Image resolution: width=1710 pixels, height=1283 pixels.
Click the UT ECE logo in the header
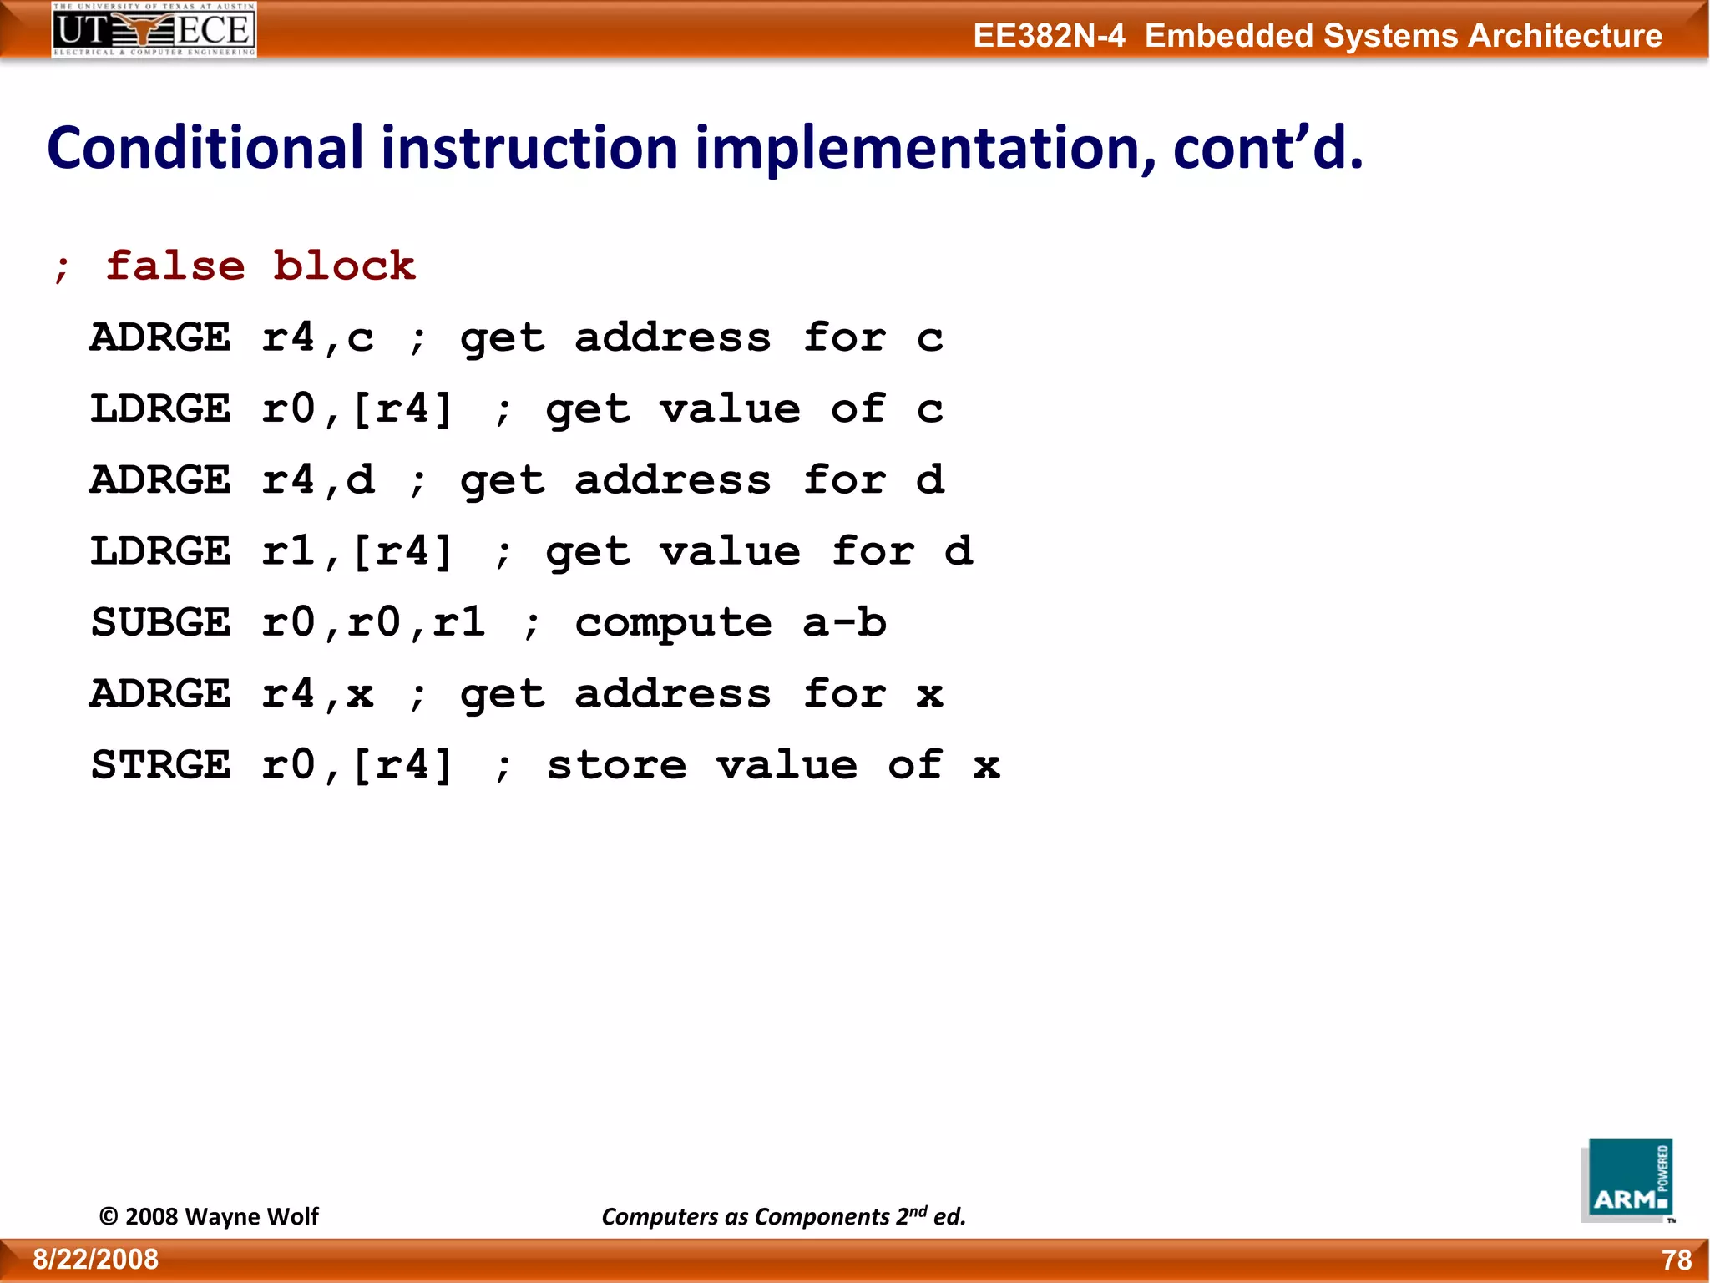point(154,29)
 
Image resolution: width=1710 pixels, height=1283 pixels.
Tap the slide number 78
point(1676,1260)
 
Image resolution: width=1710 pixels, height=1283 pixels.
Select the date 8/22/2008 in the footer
point(96,1259)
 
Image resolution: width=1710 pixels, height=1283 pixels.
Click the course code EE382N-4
point(1049,36)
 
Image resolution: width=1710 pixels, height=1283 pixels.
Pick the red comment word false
point(175,266)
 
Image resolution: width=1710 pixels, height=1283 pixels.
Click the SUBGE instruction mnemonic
point(160,622)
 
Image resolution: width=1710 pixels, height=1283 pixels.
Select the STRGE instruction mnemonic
point(160,765)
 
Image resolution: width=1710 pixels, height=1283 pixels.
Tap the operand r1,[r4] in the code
point(357,551)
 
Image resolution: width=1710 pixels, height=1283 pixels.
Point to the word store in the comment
point(616,765)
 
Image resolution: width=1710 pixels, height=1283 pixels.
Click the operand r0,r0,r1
point(373,622)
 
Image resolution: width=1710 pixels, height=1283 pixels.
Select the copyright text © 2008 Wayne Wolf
point(209,1216)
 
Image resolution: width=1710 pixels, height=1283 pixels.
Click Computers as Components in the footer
point(746,1216)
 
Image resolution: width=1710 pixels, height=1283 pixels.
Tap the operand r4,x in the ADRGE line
point(317,694)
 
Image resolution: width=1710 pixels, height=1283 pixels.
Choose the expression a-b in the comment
point(844,622)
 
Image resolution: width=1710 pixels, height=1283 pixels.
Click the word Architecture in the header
point(1565,36)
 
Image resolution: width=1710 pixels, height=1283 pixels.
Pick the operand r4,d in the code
point(317,480)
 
